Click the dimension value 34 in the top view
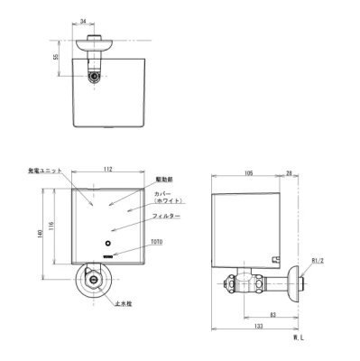[83, 18]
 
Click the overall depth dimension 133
[257, 326]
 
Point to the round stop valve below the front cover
[93, 281]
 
